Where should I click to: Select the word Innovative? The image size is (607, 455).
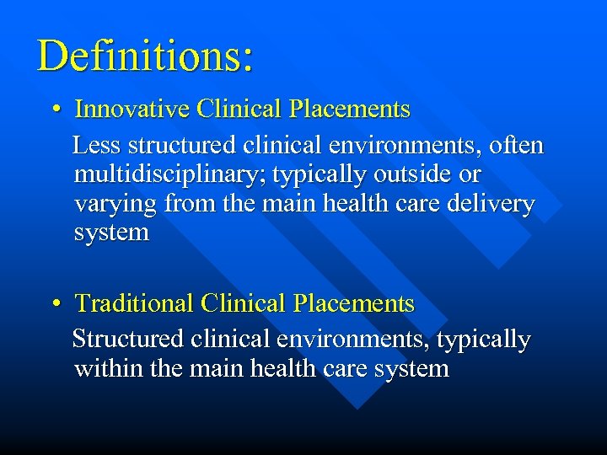pyautogui.click(x=133, y=110)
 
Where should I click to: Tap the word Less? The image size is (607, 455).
pyautogui.click(x=96, y=146)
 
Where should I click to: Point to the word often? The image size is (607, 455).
pyautogui.click(x=516, y=146)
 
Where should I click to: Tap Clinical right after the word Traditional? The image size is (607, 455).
pyautogui.click(x=240, y=303)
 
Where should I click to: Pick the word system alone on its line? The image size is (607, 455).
pyautogui.click(x=111, y=233)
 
